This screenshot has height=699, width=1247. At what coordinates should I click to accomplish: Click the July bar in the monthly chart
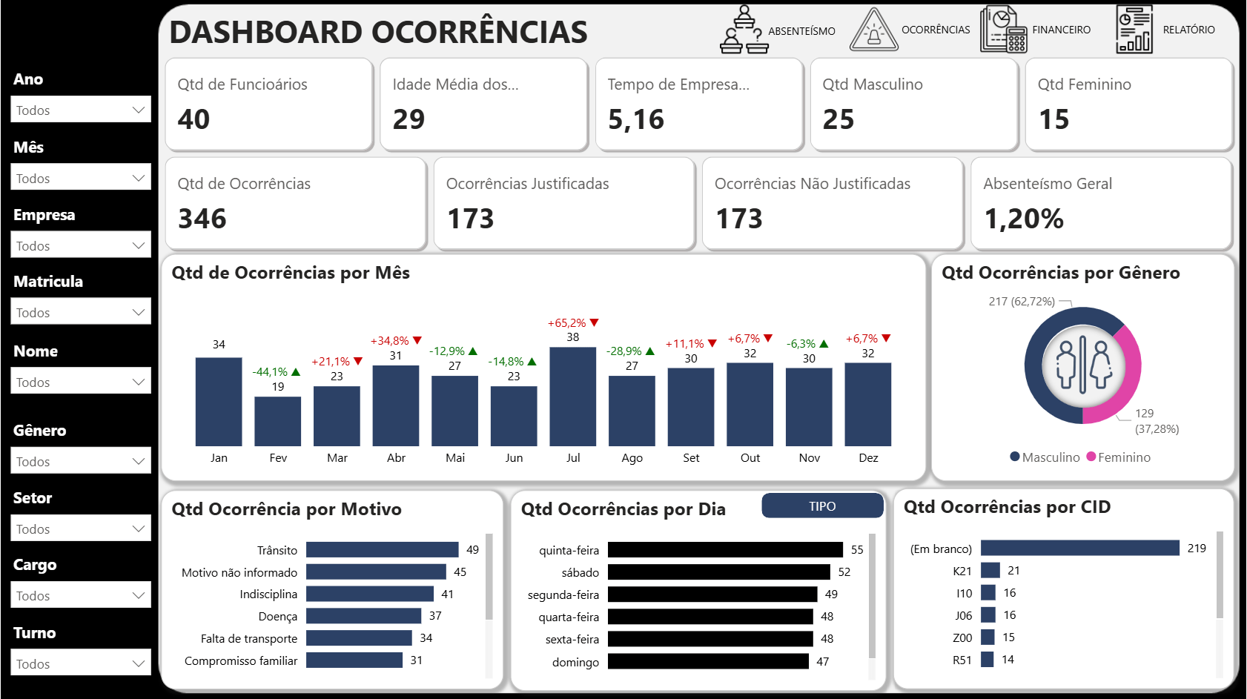tap(572, 397)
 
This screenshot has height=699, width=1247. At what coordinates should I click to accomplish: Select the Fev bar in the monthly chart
tap(277, 421)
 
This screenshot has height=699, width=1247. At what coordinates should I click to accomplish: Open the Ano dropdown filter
tap(80, 110)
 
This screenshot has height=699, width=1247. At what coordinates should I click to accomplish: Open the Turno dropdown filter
tap(80, 663)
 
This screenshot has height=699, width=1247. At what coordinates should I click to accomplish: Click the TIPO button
tap(822, 506)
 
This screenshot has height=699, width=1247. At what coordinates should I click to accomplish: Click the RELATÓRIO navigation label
tap(1188, 30)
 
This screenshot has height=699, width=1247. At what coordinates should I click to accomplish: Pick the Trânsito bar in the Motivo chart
tap(382, 550)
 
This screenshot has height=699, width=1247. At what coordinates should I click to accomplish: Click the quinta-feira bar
tap(724, 550)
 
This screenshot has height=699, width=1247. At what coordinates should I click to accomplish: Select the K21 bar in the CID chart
tap(990, 571)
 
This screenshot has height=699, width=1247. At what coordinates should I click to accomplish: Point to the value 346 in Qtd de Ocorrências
tap(202, 219)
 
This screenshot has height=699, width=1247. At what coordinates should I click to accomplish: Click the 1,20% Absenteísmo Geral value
tap(1023, 219)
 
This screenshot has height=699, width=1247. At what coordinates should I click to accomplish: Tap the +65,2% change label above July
tap(567, 323)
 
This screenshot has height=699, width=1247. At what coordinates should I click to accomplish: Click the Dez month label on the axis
tap(868, 458)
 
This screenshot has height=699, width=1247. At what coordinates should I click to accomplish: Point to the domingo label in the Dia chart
tap(575, 662)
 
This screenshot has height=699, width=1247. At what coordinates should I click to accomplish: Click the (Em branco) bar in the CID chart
tap(1079, 549)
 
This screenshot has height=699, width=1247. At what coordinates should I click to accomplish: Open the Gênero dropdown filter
tap(80, 461)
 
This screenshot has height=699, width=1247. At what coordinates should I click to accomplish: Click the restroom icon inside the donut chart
tap(1082, 365)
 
